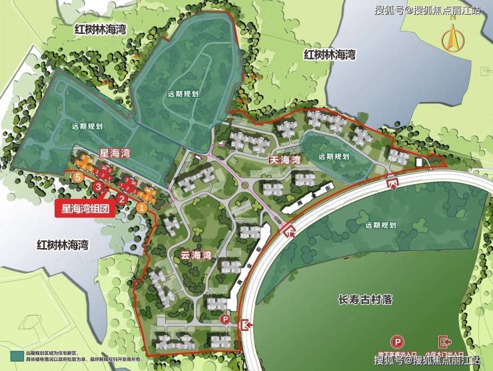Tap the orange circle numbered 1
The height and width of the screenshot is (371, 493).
tap(141, 208)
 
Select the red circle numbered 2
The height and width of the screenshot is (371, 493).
tap(121, 198)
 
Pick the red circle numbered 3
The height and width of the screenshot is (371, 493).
tap(99, 187)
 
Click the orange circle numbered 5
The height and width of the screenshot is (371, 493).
tap(79, 177)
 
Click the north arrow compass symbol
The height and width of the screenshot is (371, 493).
tap(453, 37)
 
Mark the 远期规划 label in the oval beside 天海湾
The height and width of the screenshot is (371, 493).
tap(334, 156)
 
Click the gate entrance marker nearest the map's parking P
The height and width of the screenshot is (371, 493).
tap(245, 324)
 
